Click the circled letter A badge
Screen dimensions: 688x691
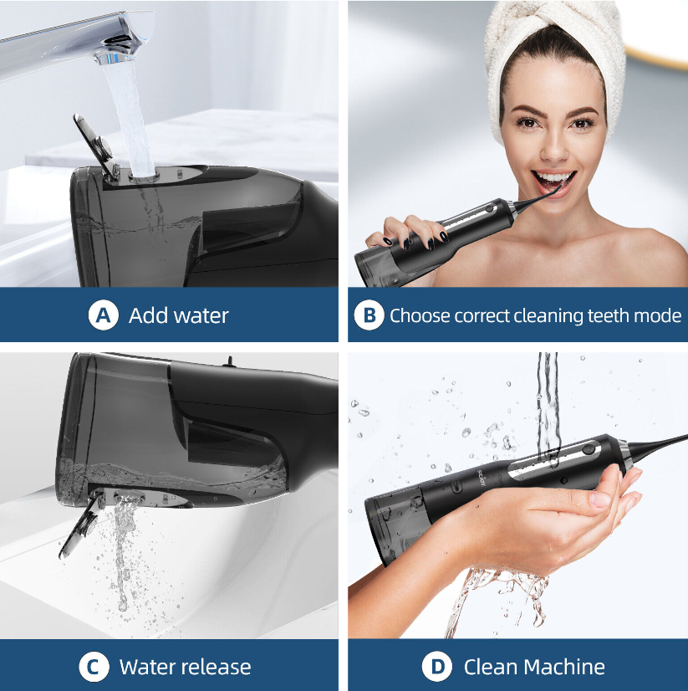coord(103,315)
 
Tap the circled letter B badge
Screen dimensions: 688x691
coord(369,315)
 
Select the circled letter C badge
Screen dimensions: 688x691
coord(94,667)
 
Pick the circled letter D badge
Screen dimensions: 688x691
coord(437,667)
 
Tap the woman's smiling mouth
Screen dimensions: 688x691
coord(553,182)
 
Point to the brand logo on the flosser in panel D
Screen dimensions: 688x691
coord(481,478)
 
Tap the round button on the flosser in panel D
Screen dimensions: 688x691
coord(587,449)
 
